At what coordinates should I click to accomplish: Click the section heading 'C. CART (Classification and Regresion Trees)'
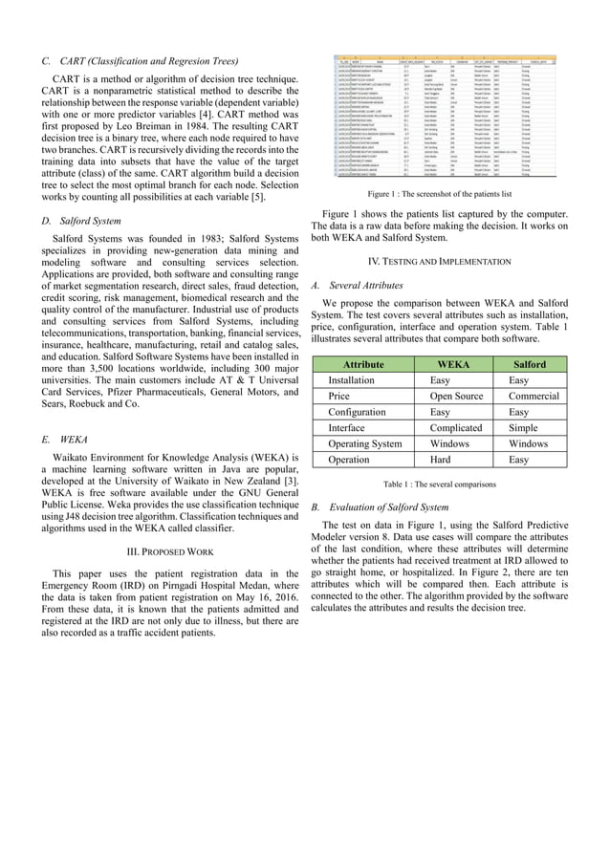[x=142, y=59]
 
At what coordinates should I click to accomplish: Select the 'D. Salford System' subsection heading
[x=85, y=222]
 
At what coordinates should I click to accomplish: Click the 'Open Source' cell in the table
[x=456, y=396]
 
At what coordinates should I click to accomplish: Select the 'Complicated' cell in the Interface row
[x=456, y=428]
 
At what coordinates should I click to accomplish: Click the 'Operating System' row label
[x=365, y=444]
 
